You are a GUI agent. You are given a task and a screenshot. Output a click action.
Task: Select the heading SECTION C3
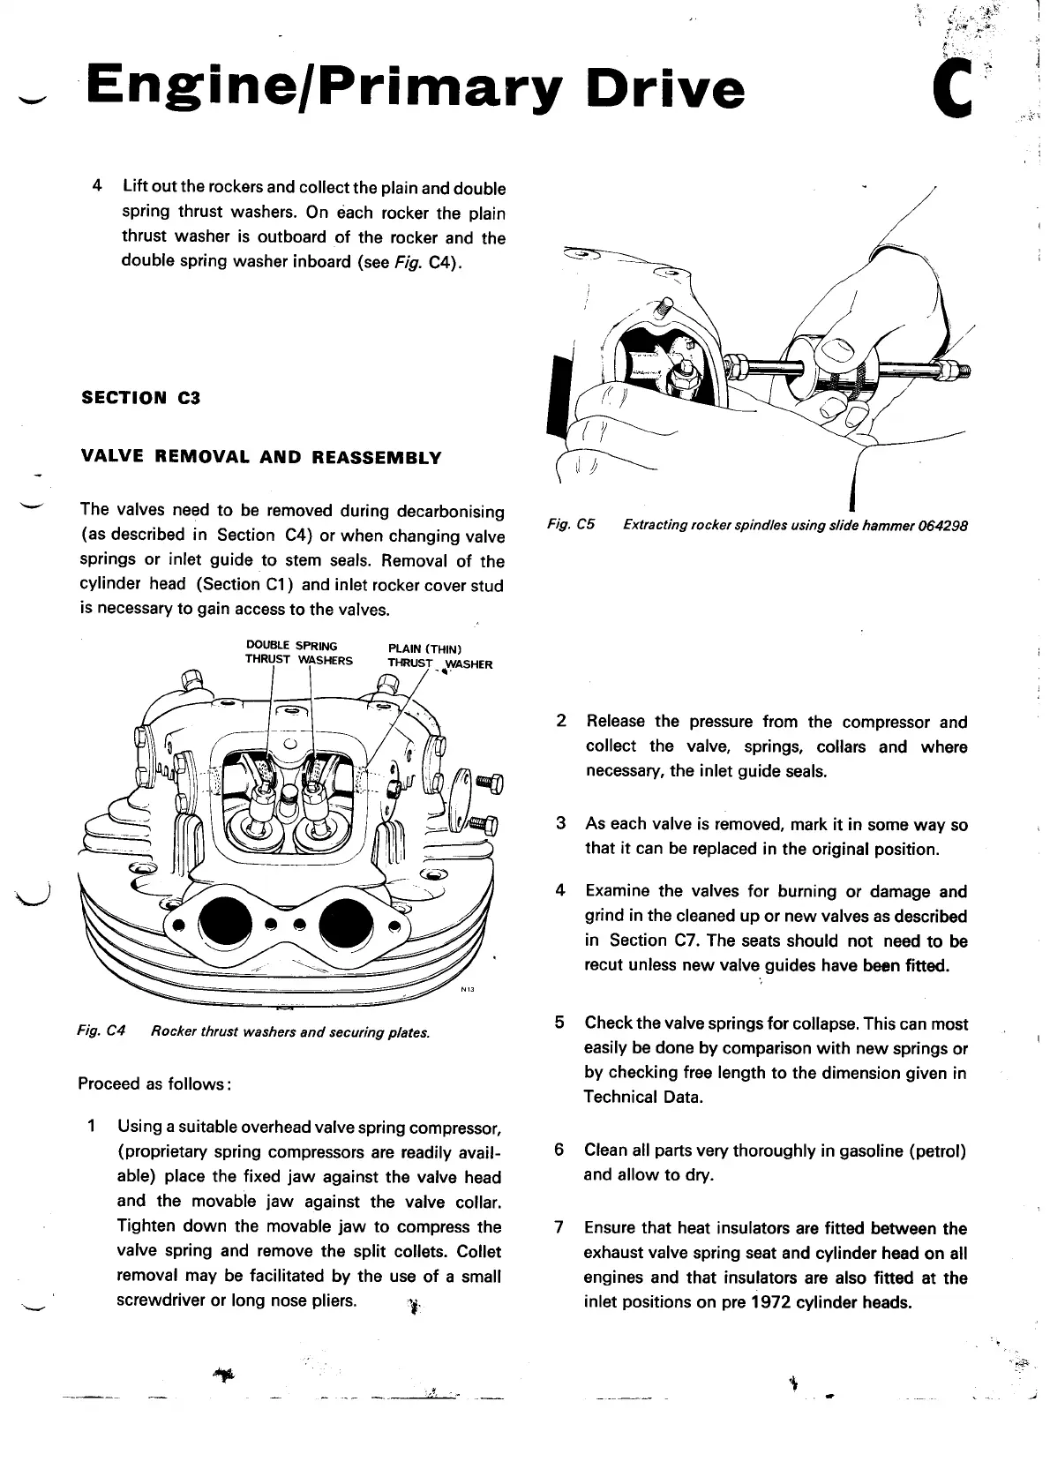click(x=140, y=398)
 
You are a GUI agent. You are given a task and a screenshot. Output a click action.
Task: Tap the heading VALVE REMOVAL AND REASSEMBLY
click(x=260, y=458)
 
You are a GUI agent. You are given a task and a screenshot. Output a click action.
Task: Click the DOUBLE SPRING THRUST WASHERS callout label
click(x=298, y=653)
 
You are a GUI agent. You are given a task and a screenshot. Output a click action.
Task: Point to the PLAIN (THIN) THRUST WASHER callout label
click(x=439, y=657)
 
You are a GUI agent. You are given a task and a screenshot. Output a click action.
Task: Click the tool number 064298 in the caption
click(x=941, y=525)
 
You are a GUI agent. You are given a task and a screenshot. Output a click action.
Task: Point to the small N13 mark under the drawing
click(x=468, y=989)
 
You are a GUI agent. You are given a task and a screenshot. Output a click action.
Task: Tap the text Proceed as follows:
click(x=154, y=1083)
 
